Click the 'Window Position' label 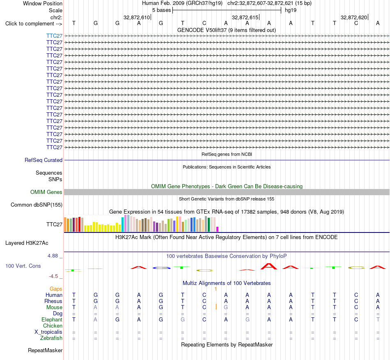click(43, 3)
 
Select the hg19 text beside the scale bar click(291, 10)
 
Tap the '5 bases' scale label click(162, 10)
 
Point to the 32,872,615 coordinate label click(245, 17)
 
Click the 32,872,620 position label click(354, 17)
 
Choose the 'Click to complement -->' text click(34, 24)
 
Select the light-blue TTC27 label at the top click(54, 36)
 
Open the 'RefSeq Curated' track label click(44, 160)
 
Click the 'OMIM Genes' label click(46, 192)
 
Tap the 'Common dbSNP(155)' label click(37, 205)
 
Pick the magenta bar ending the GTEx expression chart click(218, 229)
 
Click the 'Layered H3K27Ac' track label click(27, 243)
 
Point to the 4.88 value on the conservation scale click(53, 256)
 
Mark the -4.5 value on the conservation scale click(53, 276)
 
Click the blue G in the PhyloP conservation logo click(161, 268)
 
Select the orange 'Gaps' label click(56, 289)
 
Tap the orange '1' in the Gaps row click(216, 289)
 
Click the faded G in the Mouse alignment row click(226, 308)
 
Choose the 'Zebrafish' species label click(51, 338)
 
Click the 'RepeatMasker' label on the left click(45, 350)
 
